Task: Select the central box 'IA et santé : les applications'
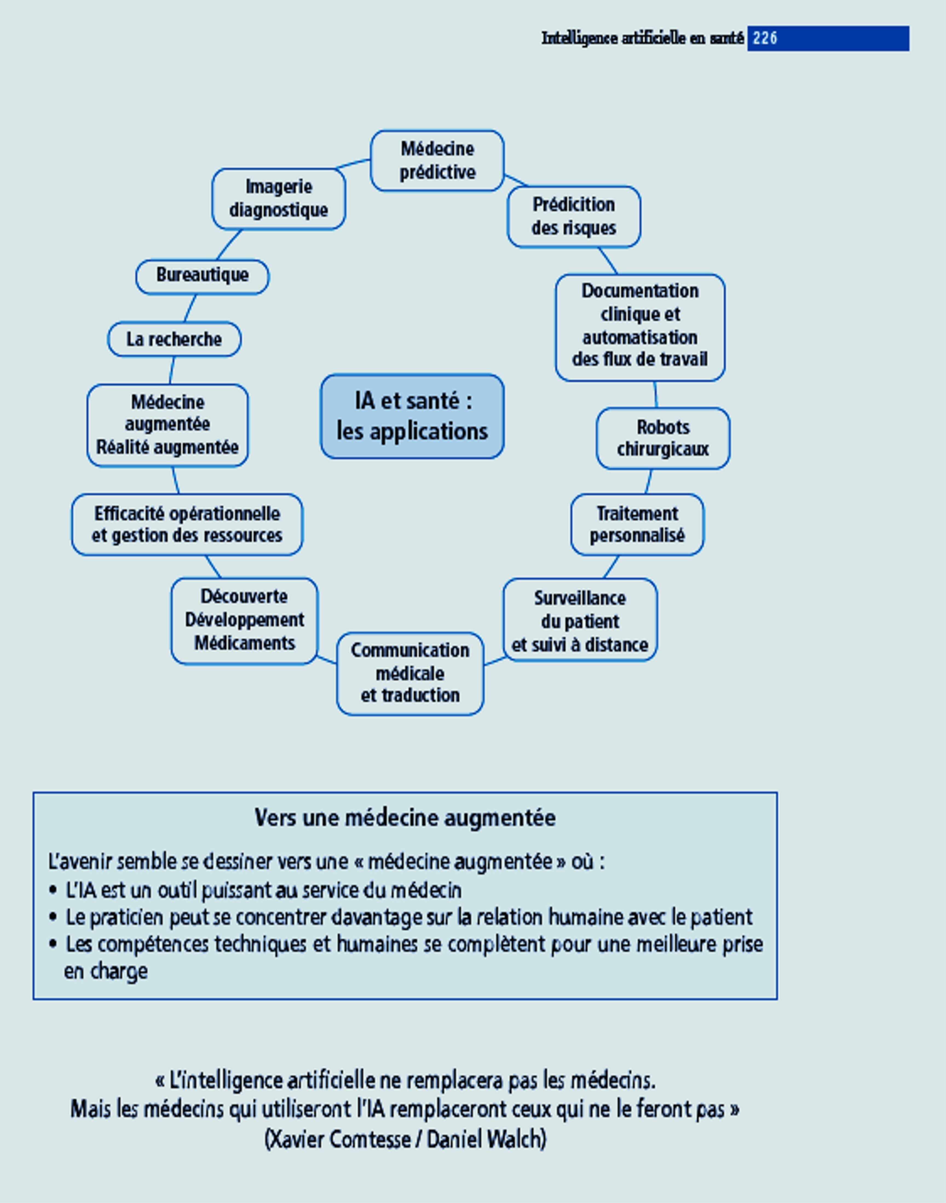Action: click(x=412, y=416)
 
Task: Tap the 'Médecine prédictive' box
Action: click(x=437, y=161)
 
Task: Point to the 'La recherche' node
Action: click(x=174, y=339)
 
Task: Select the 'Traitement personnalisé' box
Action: click(x=637, y=524)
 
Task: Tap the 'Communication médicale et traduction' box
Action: click(x=410, y=673)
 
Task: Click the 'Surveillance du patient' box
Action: click(x=580, y=620)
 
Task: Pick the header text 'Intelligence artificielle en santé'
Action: click(x=642, y=38)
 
